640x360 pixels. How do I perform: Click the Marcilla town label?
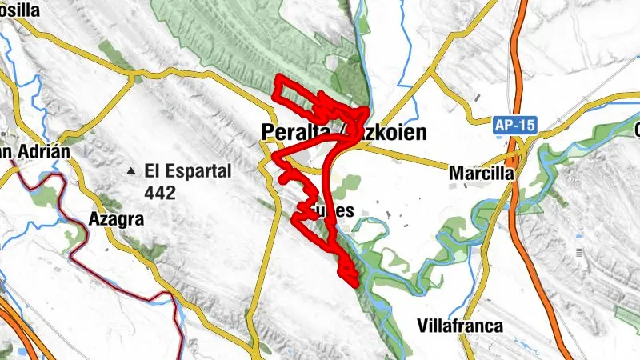coord(480,172)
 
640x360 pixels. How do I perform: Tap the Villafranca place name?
coord(460,326)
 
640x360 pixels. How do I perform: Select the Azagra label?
coord(116,218)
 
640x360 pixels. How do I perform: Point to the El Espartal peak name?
coord(188,170)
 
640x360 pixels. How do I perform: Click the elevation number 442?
coord(160,192)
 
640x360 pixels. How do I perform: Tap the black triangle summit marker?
coord(130,171)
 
